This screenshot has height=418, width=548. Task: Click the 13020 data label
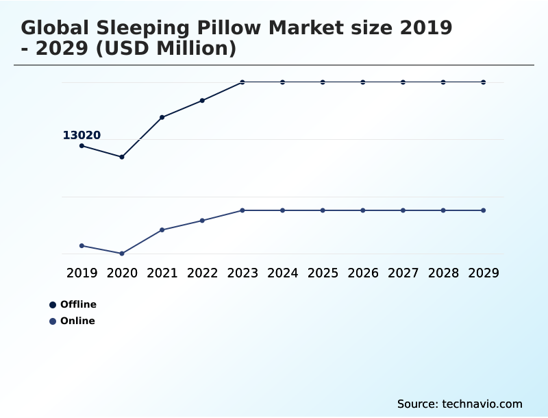82,136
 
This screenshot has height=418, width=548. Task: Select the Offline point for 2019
82,146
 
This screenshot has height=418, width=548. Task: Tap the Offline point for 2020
122,157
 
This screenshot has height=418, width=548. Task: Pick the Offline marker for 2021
162,117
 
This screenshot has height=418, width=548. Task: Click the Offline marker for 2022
202,101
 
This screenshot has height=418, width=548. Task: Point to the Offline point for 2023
242,82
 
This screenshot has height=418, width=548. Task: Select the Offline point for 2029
483,82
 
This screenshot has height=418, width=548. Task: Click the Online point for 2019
82,245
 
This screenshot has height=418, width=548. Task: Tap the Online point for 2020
122,254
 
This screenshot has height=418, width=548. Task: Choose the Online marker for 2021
162,230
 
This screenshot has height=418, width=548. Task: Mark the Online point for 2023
242,210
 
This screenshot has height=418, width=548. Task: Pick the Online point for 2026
363,210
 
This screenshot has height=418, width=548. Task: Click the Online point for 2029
483,210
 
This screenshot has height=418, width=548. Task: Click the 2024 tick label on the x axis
282,273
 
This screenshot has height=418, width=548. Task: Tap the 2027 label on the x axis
403,273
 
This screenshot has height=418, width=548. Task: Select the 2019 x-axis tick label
82,273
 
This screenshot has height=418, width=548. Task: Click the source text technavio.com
460,404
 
